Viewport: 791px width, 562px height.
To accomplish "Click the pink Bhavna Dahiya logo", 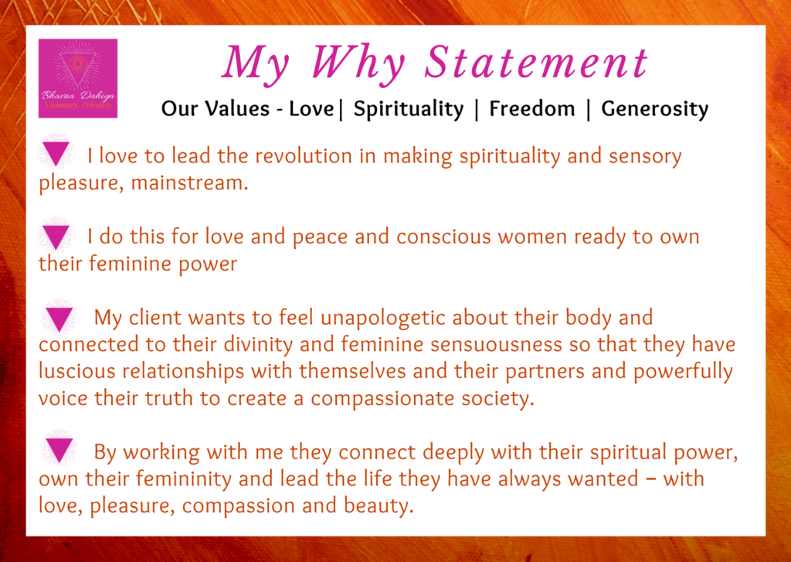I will (x=78, y=79).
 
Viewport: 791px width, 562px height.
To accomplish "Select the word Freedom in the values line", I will (x=531, y=109).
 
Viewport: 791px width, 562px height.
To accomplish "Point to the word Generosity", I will (x=654, y=109).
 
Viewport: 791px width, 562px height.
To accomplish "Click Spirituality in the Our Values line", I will (x=408, y=109).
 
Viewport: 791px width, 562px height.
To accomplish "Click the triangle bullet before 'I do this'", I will (x=56, y=235).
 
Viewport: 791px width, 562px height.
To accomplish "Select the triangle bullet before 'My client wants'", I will (x=59, y=318).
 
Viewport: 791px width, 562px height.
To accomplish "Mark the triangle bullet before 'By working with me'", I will (x=59, y=450).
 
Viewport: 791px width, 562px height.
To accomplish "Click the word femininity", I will (x=181, y=479).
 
